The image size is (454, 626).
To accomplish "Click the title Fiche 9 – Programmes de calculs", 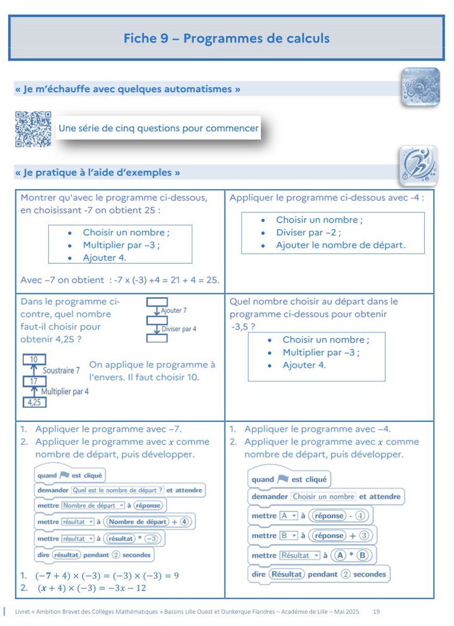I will (226, 39).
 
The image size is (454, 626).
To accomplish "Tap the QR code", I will (33, 129).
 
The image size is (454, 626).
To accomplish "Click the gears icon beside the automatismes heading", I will (420, 88).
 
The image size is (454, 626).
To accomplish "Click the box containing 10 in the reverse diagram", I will (34, 359).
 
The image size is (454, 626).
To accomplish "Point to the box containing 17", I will (34, 381).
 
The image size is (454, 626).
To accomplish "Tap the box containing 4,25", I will (34, 402).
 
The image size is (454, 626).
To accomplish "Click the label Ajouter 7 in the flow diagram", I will (174, 310).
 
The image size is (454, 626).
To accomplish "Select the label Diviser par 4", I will (179, 329).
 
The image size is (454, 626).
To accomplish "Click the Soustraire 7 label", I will (62, 370).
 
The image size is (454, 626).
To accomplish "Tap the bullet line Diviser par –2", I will (308, 233).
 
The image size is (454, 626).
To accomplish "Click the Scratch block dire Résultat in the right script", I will (319, 574).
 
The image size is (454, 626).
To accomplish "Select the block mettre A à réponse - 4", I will (310, 515).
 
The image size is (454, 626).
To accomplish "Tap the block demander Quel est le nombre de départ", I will (120, 490).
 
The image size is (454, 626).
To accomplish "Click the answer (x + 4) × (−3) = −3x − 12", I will (91, 588).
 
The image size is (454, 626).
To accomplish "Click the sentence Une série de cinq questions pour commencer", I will (159, 128).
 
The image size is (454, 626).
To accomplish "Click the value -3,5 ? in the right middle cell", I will (243, 327).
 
